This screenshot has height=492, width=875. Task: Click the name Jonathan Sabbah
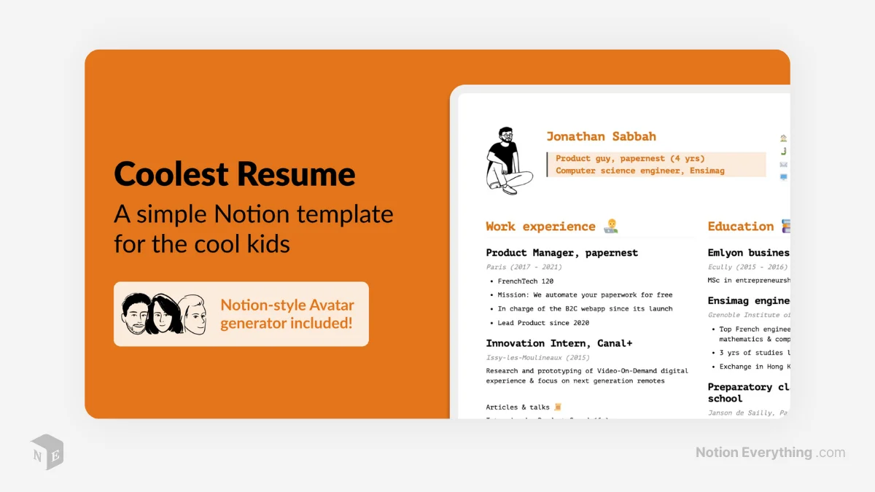(x=601, y=136)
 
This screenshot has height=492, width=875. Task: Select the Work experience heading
(x=540, y=227)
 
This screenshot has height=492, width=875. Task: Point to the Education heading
(x=740, y=227)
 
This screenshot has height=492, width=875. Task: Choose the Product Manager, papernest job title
(x=561, y=253)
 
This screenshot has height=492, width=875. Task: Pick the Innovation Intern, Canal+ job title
(x=559, y=343)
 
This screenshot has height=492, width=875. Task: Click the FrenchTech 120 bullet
(x=525, y=281)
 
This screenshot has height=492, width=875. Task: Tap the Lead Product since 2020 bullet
(x=543, y=323)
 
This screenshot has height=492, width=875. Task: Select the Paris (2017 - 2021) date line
(x=524, y=268)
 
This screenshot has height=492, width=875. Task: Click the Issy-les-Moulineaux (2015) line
(x=537, y=358)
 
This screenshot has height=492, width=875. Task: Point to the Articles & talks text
(x=518, y=407)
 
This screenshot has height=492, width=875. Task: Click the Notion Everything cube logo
(x=47, y=452)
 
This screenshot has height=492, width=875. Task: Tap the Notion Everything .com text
(x=770, y=453)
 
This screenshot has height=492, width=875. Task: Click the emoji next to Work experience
(x=611, y=227)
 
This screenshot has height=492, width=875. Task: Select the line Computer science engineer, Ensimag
(x=639, y=171)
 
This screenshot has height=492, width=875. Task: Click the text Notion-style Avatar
(x=287, y=305)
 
